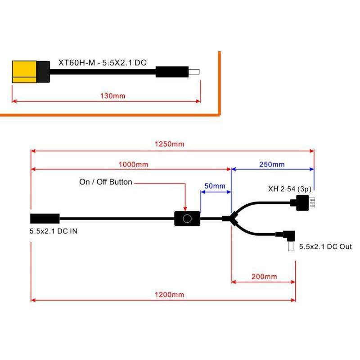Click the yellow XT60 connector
point(25,72)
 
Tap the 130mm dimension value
point(112,96)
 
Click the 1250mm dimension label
point(169,144)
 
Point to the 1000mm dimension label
point(133,164)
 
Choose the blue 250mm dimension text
point(271,164)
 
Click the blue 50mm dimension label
point(215,186)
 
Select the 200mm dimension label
point(264,276)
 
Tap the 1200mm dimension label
point(169,295)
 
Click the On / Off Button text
point(105,182)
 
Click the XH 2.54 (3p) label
point(288,189)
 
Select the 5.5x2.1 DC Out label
point(325,247)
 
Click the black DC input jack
point(45,219)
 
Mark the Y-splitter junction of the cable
point(233,219)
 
